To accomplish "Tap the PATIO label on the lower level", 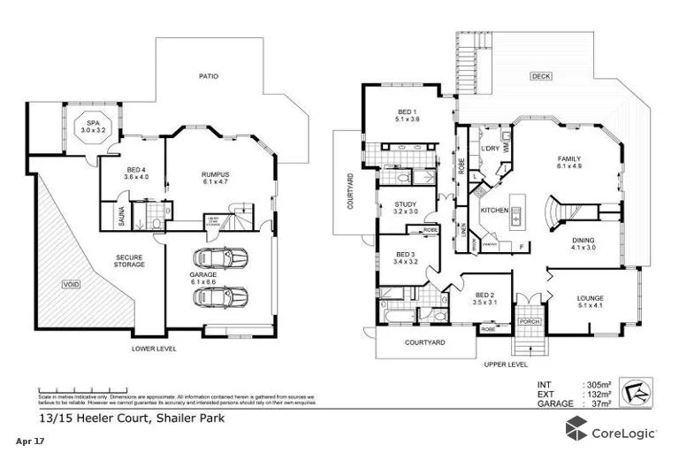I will click(x=209, y=76).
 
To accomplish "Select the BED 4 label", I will click(x=136, y=172).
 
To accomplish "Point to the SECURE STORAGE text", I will click(x=128, y=261).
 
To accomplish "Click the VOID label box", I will click(x=70, y=284).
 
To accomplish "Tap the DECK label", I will click(x=541, y=77).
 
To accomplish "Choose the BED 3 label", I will click(x=405, y=258).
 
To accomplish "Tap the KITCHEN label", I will click(x=493, y=211).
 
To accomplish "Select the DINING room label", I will click(x=583, y=244).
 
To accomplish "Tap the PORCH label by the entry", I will click(x=529, y=321).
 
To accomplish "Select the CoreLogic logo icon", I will click(x=578, y=431).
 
